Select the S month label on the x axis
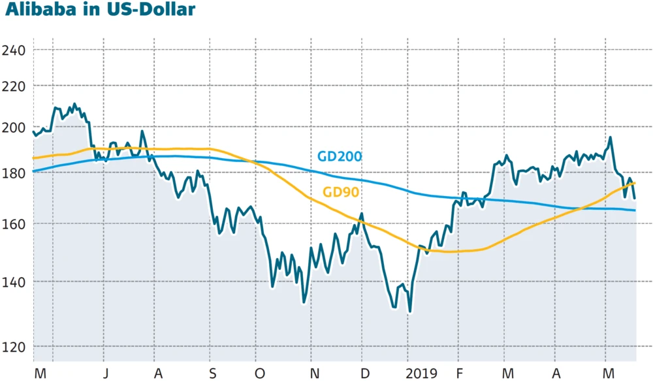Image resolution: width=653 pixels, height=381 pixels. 212,373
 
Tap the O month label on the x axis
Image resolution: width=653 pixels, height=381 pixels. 260,373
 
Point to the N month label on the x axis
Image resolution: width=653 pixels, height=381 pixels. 314,373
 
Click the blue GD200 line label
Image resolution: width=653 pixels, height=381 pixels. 340,157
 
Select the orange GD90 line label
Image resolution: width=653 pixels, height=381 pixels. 342,192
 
